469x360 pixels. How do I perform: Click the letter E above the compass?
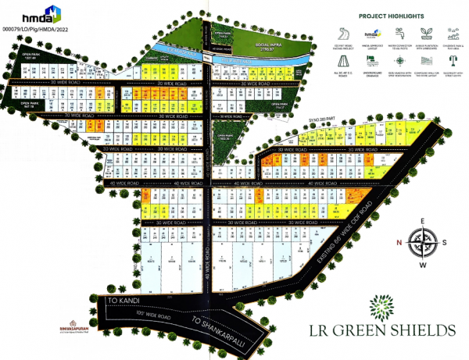(x=423, y=221)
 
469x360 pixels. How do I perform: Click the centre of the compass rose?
(x=423, y=243)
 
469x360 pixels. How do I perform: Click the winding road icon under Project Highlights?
(x=341, y=33)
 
